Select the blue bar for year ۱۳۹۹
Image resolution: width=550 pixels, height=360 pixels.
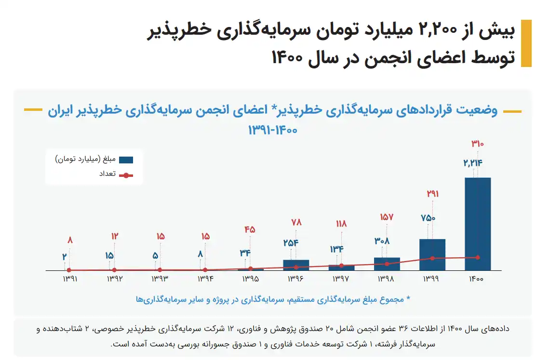pyautogui.click(x=432, y=254)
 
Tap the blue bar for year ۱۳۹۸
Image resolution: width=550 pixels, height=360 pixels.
pyautogui.click(x=387, y=264)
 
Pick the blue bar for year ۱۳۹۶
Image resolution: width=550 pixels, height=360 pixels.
pyautogui.click(x=296, y=265)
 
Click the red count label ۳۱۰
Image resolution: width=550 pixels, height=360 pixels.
pyautogui.click(x=477, y=144)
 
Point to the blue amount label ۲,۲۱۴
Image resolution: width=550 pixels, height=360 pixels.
pyautogui.click(x=473, y=163)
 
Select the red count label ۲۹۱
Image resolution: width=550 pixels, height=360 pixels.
pyautogui.click(x=432, y=194)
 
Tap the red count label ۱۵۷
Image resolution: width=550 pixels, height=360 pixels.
pyautogui.click(x=387, y=217)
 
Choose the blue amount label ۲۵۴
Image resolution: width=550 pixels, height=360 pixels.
pyautogui.click(x=291, y=242)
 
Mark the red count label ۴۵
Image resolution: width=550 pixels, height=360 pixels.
pyautogui.click(x=250, y=230)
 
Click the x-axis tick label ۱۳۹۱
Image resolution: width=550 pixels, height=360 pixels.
pyautogui.click(x=69, y=279)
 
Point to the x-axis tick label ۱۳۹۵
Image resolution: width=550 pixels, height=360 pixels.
pyautogui.click(x=251, y=279)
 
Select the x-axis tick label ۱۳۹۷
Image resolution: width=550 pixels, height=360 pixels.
pyautogui.click(x=341, y=279)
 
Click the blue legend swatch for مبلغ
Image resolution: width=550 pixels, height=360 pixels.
pyautogui.click(x=126, y=159)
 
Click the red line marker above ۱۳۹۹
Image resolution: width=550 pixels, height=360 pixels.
pyautogui.click(x=432, y=258)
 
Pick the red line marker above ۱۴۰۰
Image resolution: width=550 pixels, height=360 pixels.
pyautogui.click(x=478, y=257)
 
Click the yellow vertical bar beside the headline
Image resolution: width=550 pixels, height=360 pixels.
pyautogui.click(x=526, y=43)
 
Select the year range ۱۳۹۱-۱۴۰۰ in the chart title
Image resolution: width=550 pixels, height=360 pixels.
pyautogui.click(x=273, y=130)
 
